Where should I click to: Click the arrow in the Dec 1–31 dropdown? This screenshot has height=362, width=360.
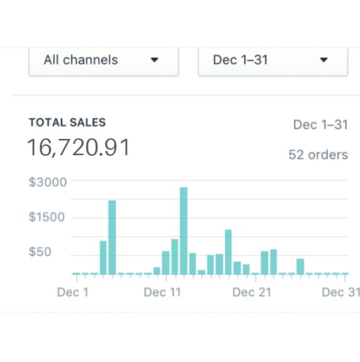[x=324, y=60]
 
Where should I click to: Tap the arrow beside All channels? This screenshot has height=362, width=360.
[x=155, y=60]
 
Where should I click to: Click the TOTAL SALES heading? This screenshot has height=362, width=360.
[x=67, y=123]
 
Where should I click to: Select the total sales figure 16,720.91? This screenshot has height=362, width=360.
[x=79, y=148]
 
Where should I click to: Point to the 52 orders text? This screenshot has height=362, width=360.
[x=318, y=155]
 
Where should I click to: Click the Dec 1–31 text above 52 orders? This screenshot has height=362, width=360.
[x=320, y=124]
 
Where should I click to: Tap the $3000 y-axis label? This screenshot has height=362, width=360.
[x=48, y=182]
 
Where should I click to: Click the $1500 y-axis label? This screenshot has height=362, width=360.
[x=48, y=217]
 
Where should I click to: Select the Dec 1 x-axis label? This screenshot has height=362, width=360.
[x=73, y=292]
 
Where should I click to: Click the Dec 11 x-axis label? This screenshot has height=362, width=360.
[x=162, y=292]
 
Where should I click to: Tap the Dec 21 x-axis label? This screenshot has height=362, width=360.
[x=251, y=292]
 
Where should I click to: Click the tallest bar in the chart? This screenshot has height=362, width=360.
[x=183, y=231]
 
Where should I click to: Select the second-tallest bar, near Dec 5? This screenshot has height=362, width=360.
[x=112, y=238]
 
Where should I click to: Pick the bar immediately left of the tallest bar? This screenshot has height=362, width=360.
[x=175, y=256]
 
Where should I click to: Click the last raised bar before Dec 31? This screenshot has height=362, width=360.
[x=300, y=266]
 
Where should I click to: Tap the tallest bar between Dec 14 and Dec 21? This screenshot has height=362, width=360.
[x=228, y=251]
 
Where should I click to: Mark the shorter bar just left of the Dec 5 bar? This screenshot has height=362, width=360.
[x=103, y=258]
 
